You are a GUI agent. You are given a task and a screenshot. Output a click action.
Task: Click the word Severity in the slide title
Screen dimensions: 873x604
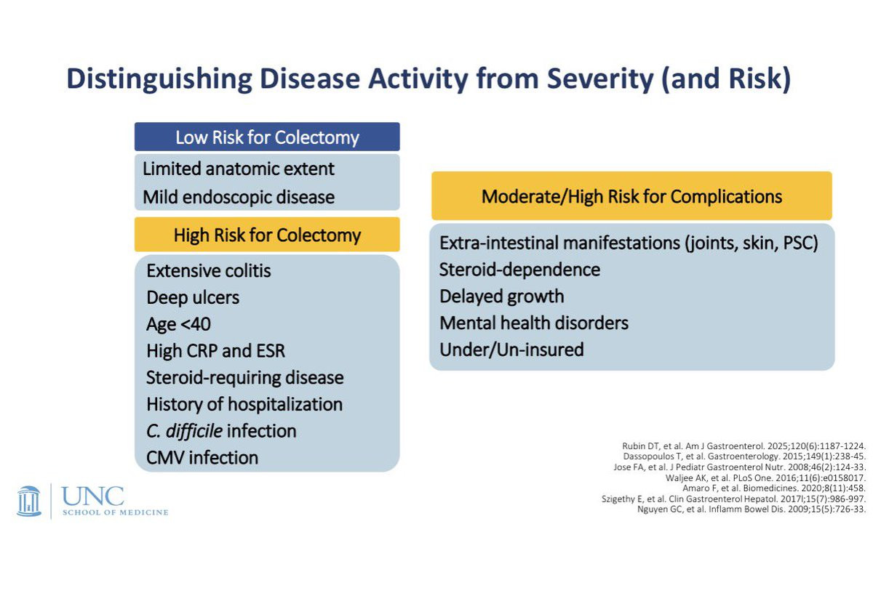600,78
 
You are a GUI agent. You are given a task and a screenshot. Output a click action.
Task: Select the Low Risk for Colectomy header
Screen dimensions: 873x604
267,137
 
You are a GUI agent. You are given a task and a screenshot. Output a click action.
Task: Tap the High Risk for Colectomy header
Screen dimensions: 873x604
267,235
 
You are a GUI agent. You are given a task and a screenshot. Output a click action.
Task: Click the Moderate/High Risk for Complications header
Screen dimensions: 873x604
631,196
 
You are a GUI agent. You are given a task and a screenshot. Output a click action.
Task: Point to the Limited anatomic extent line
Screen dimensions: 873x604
238,169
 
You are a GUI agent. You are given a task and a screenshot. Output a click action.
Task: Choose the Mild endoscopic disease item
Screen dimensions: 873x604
239,197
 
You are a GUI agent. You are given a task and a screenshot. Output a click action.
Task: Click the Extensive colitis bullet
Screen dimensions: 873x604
209,270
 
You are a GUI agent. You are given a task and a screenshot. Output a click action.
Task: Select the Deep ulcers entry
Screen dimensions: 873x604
193,297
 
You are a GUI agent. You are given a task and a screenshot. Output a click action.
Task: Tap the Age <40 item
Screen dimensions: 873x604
178,324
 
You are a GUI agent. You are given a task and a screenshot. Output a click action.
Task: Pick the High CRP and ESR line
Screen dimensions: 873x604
215,350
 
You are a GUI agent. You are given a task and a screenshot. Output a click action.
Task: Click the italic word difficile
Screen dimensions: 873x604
194,431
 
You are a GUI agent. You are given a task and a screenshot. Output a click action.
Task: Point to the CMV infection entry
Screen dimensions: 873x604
202,458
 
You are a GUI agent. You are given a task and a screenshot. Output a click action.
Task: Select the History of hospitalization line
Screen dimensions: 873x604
244,404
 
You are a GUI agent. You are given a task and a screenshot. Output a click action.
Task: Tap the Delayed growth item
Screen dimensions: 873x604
501,297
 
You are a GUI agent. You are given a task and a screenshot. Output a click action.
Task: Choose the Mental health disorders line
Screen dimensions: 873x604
534,323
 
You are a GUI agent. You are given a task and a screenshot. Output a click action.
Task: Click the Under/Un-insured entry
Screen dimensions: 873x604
511,350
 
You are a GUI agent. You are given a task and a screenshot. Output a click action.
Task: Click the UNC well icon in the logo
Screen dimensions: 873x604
29,502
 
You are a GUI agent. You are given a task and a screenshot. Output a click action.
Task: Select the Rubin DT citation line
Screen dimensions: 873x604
744,446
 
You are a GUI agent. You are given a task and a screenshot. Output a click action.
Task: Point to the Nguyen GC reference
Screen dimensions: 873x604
752,509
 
